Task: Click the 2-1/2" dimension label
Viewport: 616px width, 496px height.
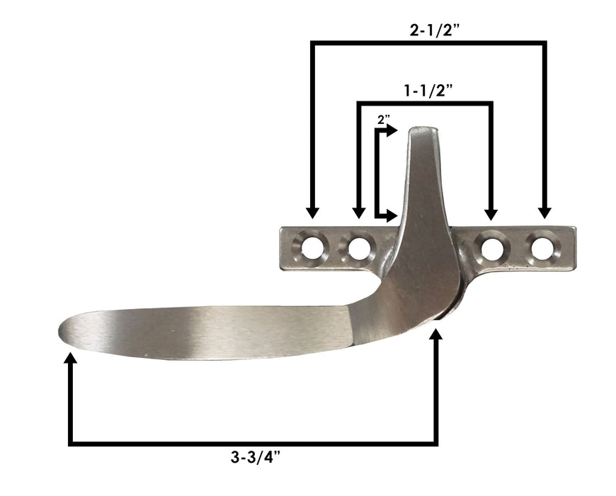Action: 428,30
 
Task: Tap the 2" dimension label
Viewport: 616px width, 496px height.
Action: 384,120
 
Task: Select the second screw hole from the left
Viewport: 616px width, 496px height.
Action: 358,248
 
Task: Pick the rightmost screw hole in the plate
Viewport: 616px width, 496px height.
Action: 542,248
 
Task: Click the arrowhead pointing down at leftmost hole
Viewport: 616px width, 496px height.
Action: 312,213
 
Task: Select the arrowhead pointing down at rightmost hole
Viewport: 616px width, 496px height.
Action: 544,213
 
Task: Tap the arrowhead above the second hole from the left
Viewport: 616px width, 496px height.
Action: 358,213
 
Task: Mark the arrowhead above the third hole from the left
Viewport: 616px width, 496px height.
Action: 490,213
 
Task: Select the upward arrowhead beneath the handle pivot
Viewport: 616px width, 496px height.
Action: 436,337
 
